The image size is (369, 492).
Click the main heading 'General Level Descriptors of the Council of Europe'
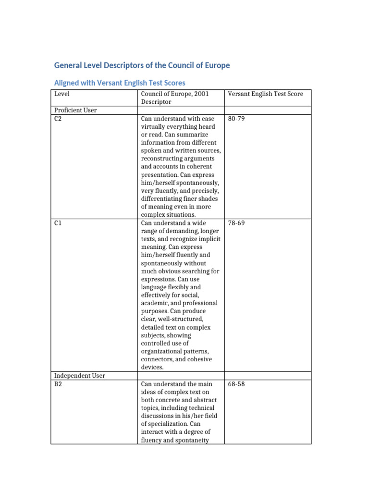(142, 65)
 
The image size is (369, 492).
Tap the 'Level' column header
(62, 94)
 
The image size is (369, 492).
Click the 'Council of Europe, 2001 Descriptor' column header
(175, 98)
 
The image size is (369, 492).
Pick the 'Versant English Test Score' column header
(266, 94)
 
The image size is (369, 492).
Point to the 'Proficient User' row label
(75, 110)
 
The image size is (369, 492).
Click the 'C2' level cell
(58, 118)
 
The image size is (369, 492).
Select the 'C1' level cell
(58, 223)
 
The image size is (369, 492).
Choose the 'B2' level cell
(58, 384)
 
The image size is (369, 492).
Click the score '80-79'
(237, 118)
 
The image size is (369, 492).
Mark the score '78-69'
(237, 223)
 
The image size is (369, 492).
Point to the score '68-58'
(237, 384)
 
